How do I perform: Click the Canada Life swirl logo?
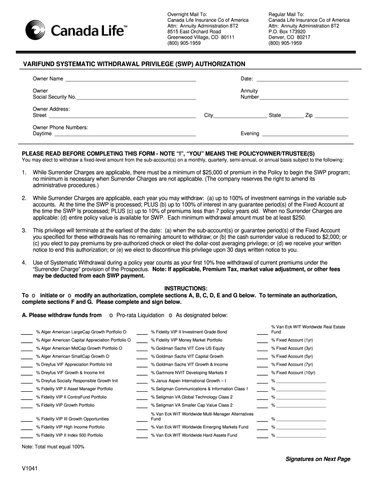pyautogui.click(x=36, y=31)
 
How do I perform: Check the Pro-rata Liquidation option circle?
pyautogui.click(x=111, y=316)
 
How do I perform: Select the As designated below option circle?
pyautogui.click(x=170, y=316)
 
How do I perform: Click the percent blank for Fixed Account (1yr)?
pyautogui.click(x=262, y=340)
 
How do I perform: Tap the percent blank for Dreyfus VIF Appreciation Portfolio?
pyautogui.click(x=27, y=365)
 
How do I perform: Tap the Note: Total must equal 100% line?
pyautogui.click(x=53, y=447)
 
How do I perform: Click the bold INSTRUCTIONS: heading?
pyautogui.click(x=186, y=288)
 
